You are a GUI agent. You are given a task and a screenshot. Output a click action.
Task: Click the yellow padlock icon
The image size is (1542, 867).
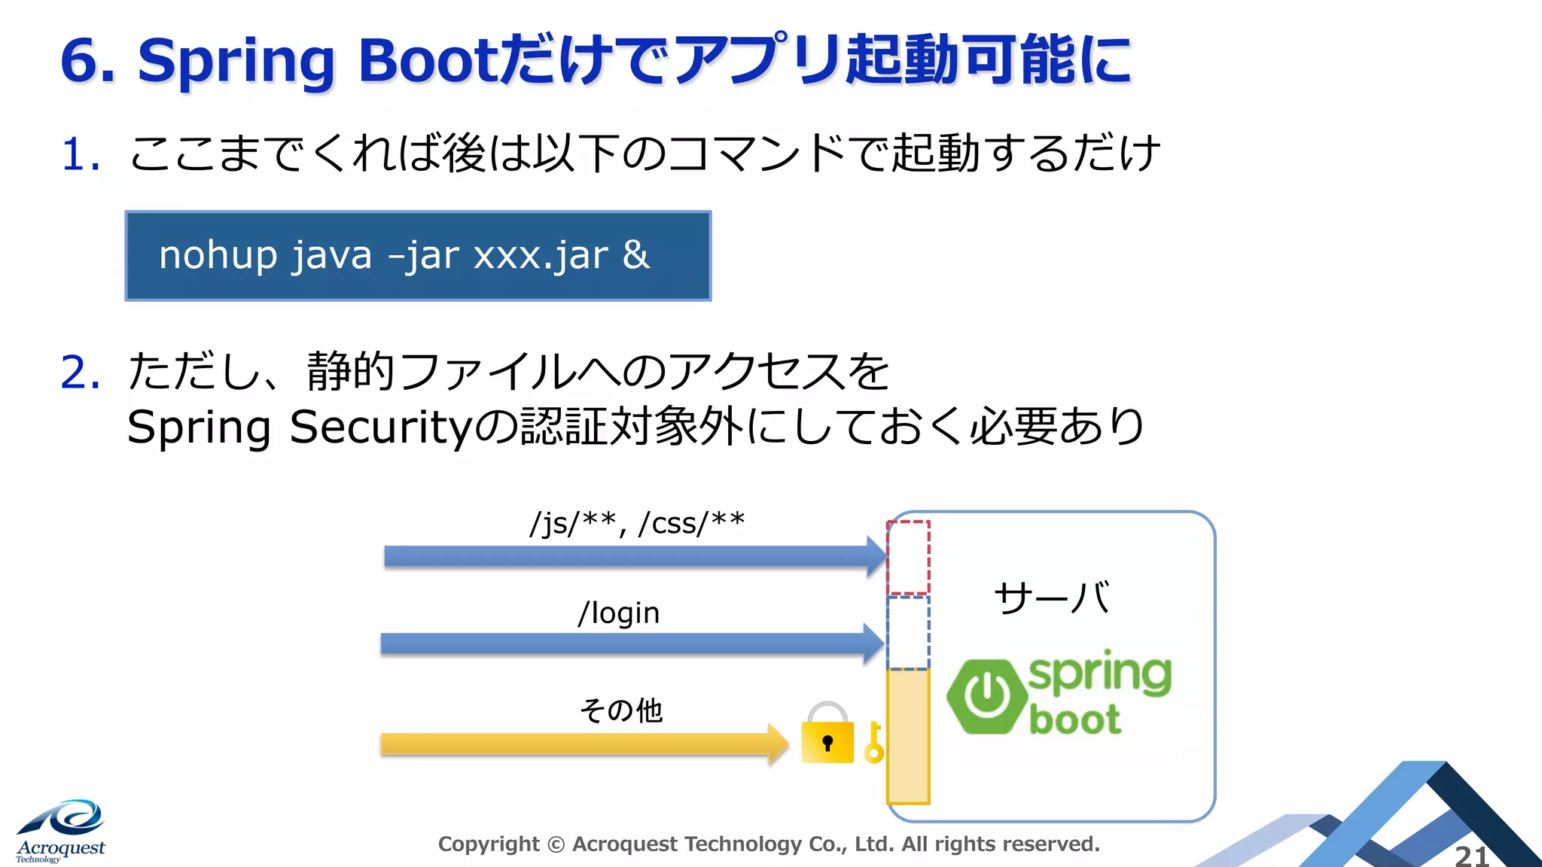pyautogui.click(x=827, y=735)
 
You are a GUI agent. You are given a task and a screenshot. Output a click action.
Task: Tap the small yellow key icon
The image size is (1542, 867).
pyautogui.click(x=873, y=743)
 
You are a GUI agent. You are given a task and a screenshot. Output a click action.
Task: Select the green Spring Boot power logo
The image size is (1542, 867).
pyautogui.click(x=986, y=695)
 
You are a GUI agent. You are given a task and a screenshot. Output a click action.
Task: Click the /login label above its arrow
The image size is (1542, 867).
pyautogui.click(x=619, y=613)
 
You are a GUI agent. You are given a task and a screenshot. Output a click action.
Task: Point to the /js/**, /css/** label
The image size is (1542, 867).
pyautogui.click(x=637, y=523)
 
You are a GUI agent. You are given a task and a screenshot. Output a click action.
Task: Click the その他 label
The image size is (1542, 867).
pyautogui.click(x=621, y=710)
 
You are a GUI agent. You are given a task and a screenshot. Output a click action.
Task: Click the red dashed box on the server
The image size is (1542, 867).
pyautogui.click(x=908, y=558)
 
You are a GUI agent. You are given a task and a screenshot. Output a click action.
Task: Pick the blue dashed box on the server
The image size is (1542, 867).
pyautogui.click(x=908, y=632)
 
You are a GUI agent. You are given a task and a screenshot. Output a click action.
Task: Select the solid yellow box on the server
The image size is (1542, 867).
pyautogui.click(x=908, y=736)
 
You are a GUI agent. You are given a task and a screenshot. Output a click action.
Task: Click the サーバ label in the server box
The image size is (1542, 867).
pyautogui.click(x=1051, y=598)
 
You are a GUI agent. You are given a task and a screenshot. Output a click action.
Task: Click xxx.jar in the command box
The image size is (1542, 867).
pyautogui.click(x=541, y=256)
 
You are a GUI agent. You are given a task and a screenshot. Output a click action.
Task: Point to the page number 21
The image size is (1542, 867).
pyautogui.click(x=1471, y=856)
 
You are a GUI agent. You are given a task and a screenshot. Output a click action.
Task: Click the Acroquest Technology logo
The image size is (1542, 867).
pyautogui.click(x=60, y=832)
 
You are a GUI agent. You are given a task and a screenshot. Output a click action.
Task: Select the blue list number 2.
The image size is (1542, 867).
pyautogui.click(x=79, y=373)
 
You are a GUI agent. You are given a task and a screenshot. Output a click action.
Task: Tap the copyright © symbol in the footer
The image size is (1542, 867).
pyautogui.click(x=556, y=844)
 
